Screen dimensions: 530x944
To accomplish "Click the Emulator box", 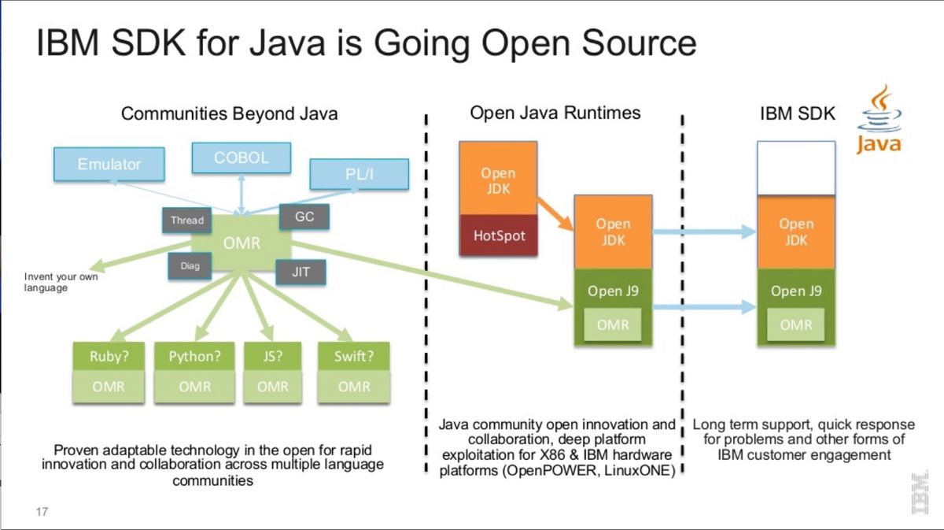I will pyautogui.click(x=109, y=164).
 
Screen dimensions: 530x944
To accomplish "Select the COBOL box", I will pyautogui.click(x=242, y=158).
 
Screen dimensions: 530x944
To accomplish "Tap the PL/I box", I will pyautogui.click(x=360, y=174).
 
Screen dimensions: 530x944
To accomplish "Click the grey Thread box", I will pyautogui.click(x=187, y=221).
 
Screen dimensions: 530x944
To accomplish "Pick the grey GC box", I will pyautogui.click(x=304, y=217).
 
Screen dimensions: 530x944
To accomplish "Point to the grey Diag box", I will pyautogui.click(x=190, y=266).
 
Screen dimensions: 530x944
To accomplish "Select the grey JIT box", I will pyautogui.click(x=301, y=272).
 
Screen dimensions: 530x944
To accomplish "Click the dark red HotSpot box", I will pyautogui.click(x=499, y=235).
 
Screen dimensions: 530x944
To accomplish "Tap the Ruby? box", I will pyautogui.click(x=109, y=356).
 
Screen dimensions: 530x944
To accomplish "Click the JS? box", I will pyautogui.click(x=273, y=356).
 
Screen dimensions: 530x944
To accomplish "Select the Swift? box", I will pyautogui.click(x=354, y=356).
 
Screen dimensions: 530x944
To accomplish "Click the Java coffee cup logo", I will pyautogui.click(x=879, y=118).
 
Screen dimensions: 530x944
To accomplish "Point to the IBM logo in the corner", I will pyautogui.click(x=918, y=494).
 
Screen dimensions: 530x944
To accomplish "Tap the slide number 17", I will pyautogui.click(x=42, y=512).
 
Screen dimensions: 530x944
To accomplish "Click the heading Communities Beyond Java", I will pyautogui.click(x=229, y=113).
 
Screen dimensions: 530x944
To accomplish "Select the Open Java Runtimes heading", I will pyautogui.click(x=555, y=113).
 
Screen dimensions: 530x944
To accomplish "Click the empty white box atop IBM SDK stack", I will pyautogui.click(x=795, y=168).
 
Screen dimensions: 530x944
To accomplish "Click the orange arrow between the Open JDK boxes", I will pyautogui.click(x=556, y=217).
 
